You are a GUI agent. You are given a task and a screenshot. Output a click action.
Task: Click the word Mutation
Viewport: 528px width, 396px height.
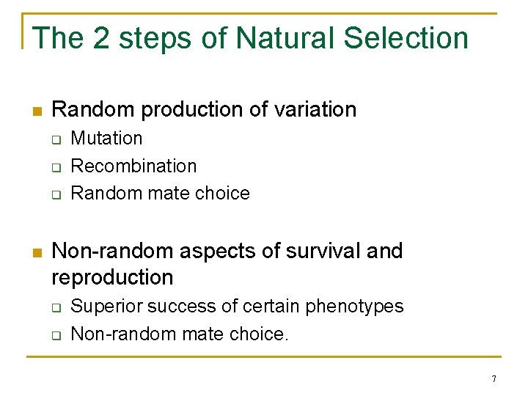(x=106, y=139)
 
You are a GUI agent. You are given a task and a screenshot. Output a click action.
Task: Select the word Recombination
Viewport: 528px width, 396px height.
(x=133, y=166)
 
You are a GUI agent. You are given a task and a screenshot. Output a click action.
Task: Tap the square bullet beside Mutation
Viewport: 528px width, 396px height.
(x=56, y=139)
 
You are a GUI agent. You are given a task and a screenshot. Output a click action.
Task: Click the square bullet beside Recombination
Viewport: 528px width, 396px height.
(x=56, y=167)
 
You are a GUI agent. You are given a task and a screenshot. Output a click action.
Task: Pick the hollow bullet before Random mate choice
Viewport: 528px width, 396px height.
(x=56, y=194)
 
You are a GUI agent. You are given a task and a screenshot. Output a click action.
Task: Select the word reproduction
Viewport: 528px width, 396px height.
(x=112, y=277)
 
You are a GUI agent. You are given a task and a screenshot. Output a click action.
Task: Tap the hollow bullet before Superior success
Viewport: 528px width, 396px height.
(x=56, y=307)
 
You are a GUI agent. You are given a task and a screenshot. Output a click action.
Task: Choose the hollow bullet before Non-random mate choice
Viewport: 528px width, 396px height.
(x=56, y=335)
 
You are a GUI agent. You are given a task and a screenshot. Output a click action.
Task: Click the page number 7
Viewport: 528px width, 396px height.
(x=494, y=379)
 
